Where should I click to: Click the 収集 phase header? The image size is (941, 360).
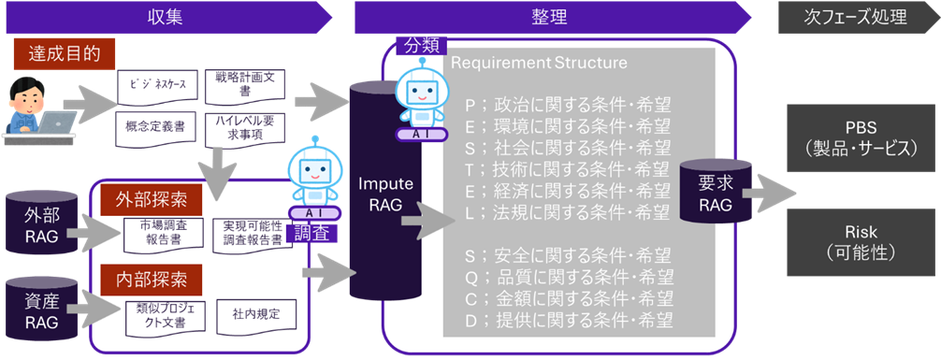pos(168,17)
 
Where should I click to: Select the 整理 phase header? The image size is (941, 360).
pos(552,17)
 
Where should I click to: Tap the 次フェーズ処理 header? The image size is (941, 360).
pos(859,17)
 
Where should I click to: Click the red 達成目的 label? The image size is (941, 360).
pos(65,54)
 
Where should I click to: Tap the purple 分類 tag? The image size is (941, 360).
pos(422,45)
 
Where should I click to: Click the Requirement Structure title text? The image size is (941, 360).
pos(539,63)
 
